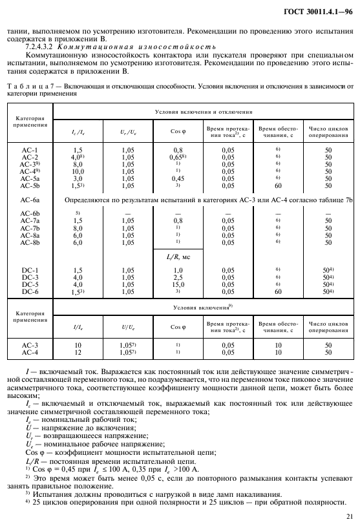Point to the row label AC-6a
coord(30,201)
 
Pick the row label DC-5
coord(30,284)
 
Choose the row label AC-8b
coord(30,243)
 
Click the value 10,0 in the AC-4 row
coord(78,171)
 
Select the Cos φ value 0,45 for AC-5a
coord(177,178)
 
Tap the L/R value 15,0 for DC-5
coord(177,284)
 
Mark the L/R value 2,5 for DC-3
coord(177,277)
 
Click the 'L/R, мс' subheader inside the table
coord(177,257)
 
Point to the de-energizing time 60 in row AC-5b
coord(277,185)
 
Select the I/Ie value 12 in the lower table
coord(78,353)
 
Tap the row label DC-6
coord(30,291)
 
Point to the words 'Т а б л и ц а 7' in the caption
coord(30,85)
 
